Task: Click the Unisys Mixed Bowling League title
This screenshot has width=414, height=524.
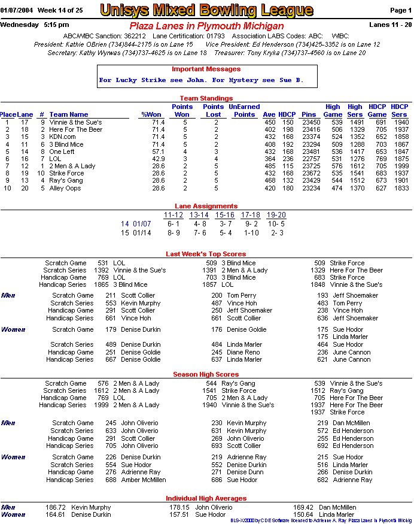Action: (x=206, y=10)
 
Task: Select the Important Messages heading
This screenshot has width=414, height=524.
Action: (x=206, y=69)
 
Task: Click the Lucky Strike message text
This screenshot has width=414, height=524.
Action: (x=201, y=80)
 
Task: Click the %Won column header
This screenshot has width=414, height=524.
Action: (x=151, y=114)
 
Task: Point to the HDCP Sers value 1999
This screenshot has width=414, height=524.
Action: (x=401, y=166)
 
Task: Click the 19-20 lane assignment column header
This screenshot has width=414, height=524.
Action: (x=276, y=215)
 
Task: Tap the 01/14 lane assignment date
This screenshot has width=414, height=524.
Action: (x=142, y=233)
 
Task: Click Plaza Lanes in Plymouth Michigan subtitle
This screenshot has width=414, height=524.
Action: (x=206, y=26)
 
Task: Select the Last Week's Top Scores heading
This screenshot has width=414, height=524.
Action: (x=206, y=254)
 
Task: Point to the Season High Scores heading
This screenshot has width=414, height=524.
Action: (x=206, y=374)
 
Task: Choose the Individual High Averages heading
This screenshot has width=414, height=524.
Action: (x=206, y=498)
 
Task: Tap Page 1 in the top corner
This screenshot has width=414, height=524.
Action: (x=400, y=10)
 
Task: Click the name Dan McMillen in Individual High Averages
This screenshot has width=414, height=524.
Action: (x=337, y=507)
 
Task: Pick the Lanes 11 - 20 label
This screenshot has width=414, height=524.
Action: (x=390, y=25)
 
